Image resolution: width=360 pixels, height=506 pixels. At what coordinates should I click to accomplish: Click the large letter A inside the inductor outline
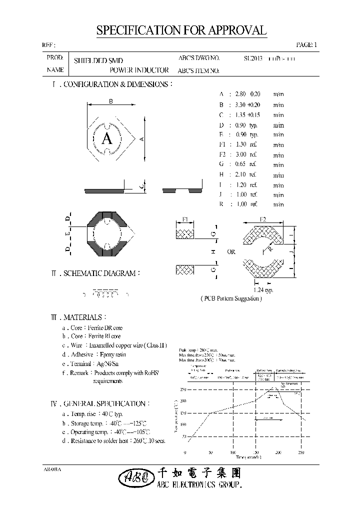(106, 139)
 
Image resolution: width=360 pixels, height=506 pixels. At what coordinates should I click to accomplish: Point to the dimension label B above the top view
(111, 101)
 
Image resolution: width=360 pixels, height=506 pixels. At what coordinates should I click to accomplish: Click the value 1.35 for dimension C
(242, 114)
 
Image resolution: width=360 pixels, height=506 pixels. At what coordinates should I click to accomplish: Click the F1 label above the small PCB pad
(185, 219)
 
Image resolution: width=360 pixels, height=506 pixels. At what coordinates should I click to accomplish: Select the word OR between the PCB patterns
(231, 252)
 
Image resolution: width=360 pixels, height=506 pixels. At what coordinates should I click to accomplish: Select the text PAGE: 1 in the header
(306, 45)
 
